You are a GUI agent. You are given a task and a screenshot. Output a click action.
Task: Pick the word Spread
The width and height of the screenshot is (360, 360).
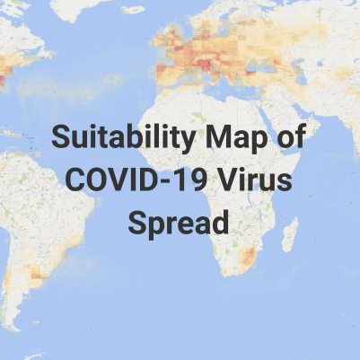[179, 220]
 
